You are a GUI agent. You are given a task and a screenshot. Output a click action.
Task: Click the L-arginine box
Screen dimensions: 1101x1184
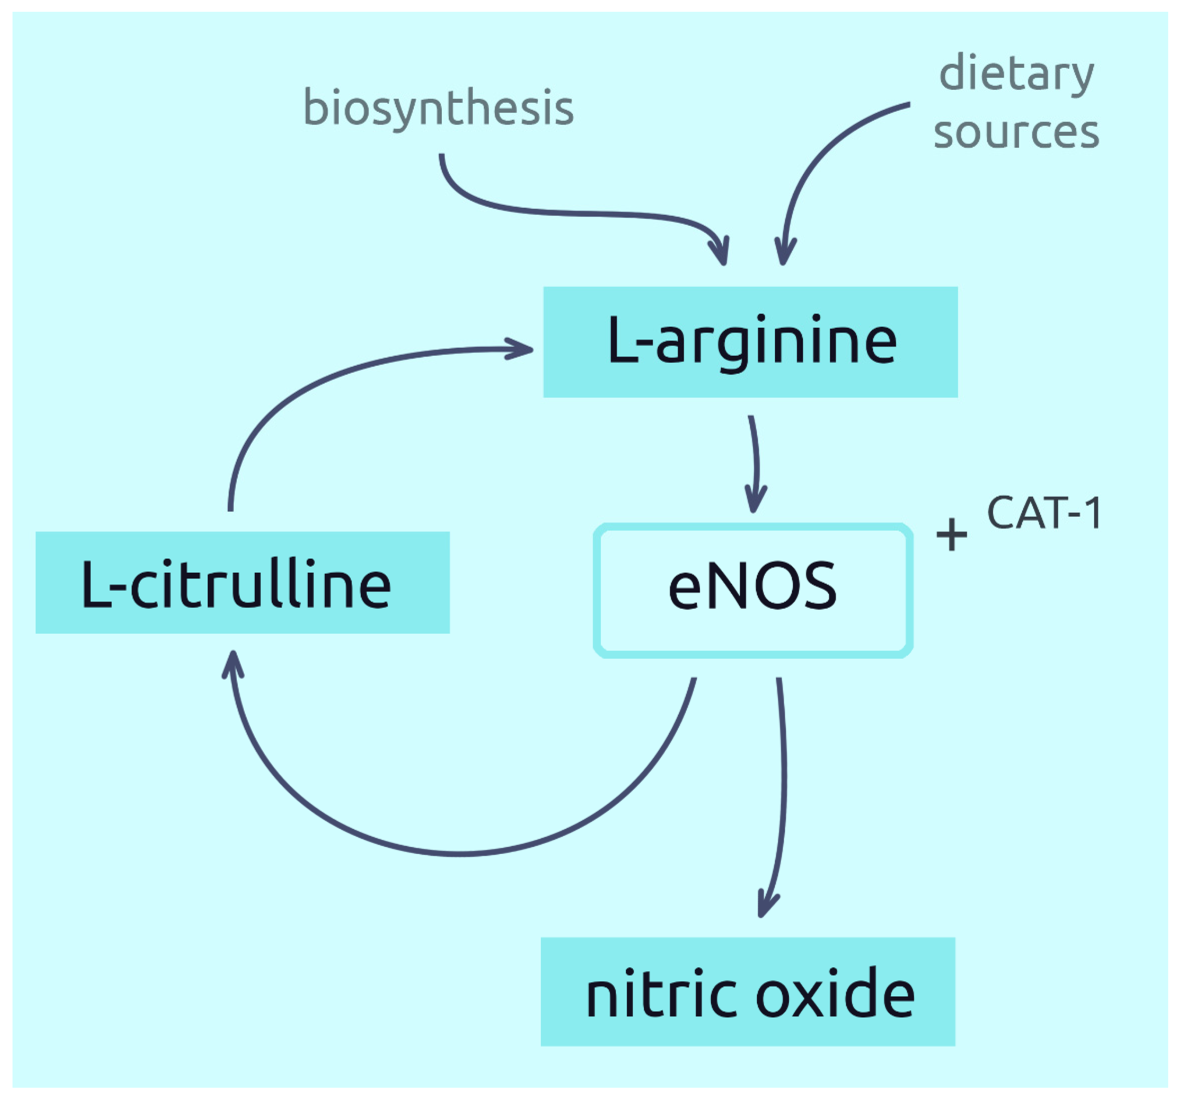point(750,342)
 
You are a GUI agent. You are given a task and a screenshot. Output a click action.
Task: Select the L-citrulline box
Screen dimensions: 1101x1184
point(242,582)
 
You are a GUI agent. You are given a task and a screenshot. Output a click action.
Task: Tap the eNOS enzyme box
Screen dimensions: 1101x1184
point(753,590)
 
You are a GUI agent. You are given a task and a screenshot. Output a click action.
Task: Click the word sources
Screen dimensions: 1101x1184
point(1016,132)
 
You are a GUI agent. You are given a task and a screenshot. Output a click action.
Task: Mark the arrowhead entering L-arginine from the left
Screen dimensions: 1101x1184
point(518,349)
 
